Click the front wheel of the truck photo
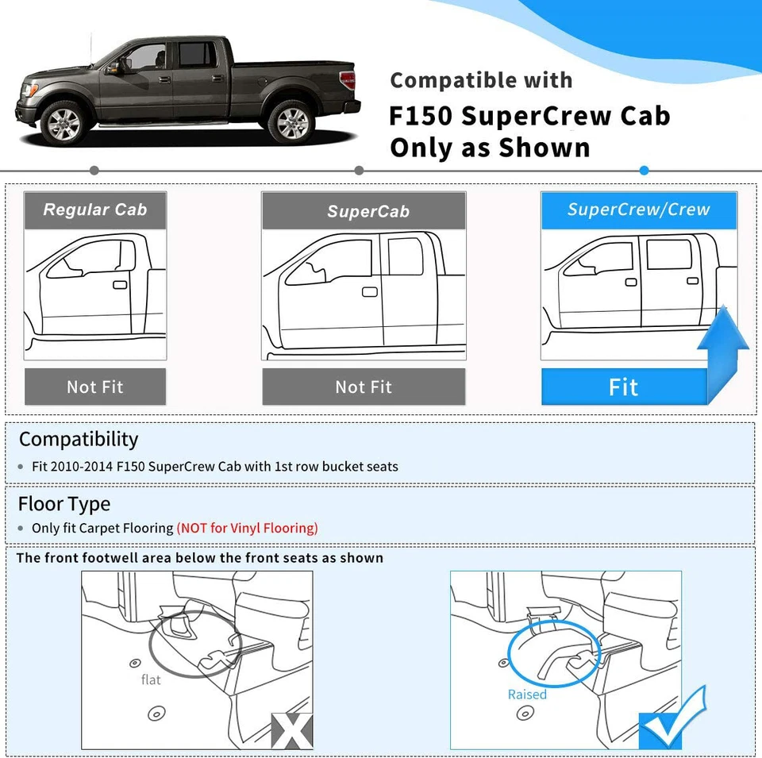coord(63,123)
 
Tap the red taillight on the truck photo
coord(348,80)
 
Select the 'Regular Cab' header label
coord(95,210)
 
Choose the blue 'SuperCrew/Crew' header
coord(638,210)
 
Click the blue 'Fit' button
coord(623,387)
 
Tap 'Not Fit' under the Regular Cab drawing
coord(95,387)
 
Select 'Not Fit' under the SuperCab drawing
coord(364,387)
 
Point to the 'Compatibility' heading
coord(79,440)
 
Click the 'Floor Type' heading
coord(64,504)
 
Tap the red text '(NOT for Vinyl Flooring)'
coord(247,528)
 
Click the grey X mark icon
coord(291,730)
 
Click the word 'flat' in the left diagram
coord(151,679)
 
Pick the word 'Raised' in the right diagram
coord(527,695)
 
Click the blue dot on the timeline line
coord(644,171)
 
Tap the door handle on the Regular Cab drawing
coord(120,284)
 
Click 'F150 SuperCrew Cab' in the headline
coord(529,116)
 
